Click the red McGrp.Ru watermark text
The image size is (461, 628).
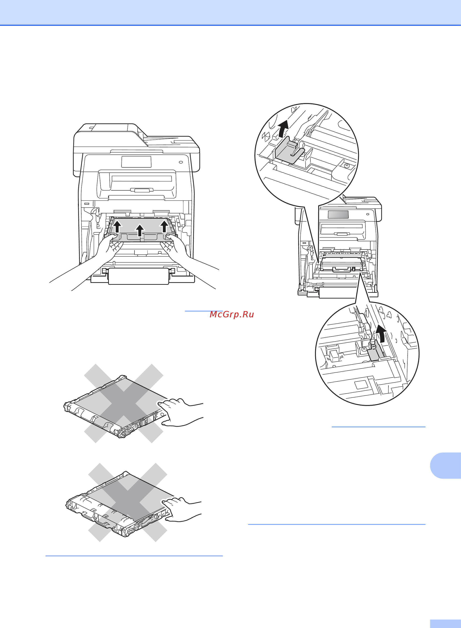click(232, 314)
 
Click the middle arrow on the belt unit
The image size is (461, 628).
click(140, 230)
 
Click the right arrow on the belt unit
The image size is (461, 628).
click(164, 226)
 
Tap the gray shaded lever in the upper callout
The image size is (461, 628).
click(289, 151)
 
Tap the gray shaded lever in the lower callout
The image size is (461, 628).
click(375, 351)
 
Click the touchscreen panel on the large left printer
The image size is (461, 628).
click(136, 162)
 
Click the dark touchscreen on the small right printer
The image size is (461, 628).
click(338, 214)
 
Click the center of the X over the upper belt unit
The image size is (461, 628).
click(124, 403)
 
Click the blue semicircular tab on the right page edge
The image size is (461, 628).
click(446, 466)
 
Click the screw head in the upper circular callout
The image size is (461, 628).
click(347, 166)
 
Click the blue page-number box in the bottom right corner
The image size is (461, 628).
click(445, 624)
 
